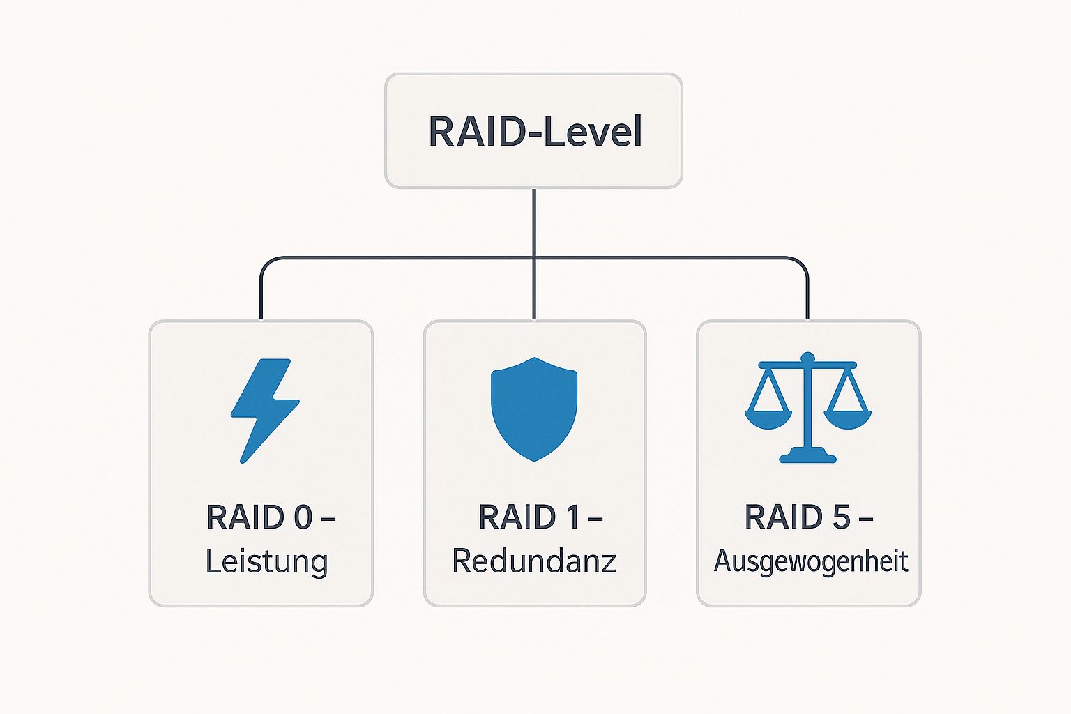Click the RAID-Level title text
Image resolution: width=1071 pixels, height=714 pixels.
(534, 131)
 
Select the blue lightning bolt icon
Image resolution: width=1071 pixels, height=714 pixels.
(264, 410)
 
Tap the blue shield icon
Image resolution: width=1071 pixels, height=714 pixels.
(534, 409)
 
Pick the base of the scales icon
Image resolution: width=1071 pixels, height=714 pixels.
(807, 457)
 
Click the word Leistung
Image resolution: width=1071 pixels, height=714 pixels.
(266, 562)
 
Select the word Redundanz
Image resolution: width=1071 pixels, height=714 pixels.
(534, 561)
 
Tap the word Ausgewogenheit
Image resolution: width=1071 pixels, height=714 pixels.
(810, 561)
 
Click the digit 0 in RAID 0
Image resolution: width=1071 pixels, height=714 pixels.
(303, 517)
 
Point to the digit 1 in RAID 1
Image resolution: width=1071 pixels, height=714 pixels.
(572, 517)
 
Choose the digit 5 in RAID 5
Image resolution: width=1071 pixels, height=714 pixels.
(841, 517)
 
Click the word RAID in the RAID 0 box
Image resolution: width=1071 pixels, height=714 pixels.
(245, 517)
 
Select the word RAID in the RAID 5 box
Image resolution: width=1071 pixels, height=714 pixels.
(784, 517)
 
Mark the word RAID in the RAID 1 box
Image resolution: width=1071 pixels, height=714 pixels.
(517, 517)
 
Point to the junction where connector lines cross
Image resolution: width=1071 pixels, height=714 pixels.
(534, 258)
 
